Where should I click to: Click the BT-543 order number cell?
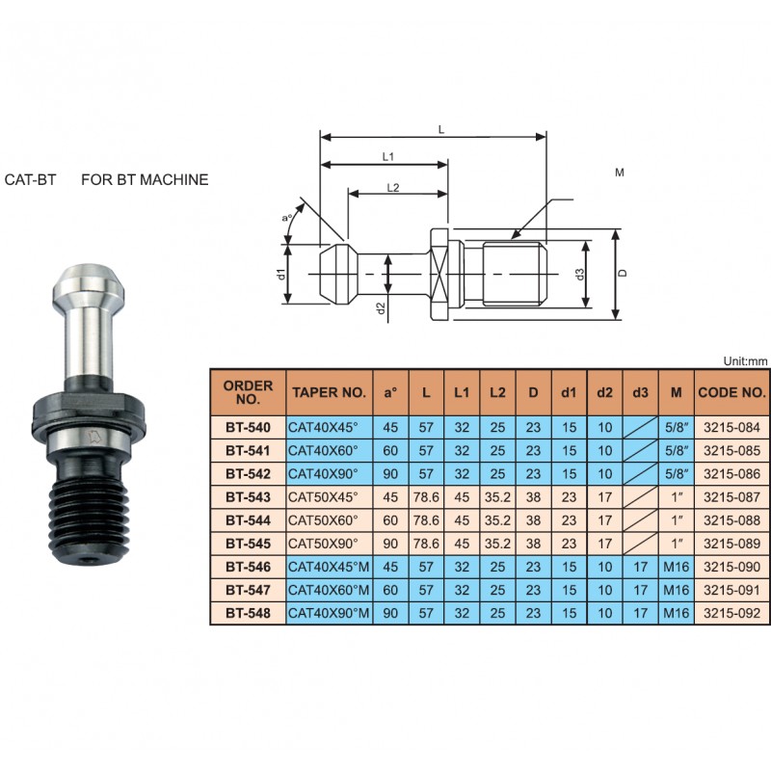click(248, 497)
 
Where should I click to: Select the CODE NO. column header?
click(731, 392)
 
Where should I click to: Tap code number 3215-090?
click(731, 567)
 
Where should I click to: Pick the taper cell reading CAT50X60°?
click(323, 520)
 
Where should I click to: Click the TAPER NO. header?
click(329, 392)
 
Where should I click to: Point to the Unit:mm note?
click(745, 361)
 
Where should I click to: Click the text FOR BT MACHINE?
click(145, 179)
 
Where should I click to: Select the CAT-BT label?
click(30, 179)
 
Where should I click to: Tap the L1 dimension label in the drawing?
click(388, 157)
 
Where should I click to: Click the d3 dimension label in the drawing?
click(580, 275)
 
